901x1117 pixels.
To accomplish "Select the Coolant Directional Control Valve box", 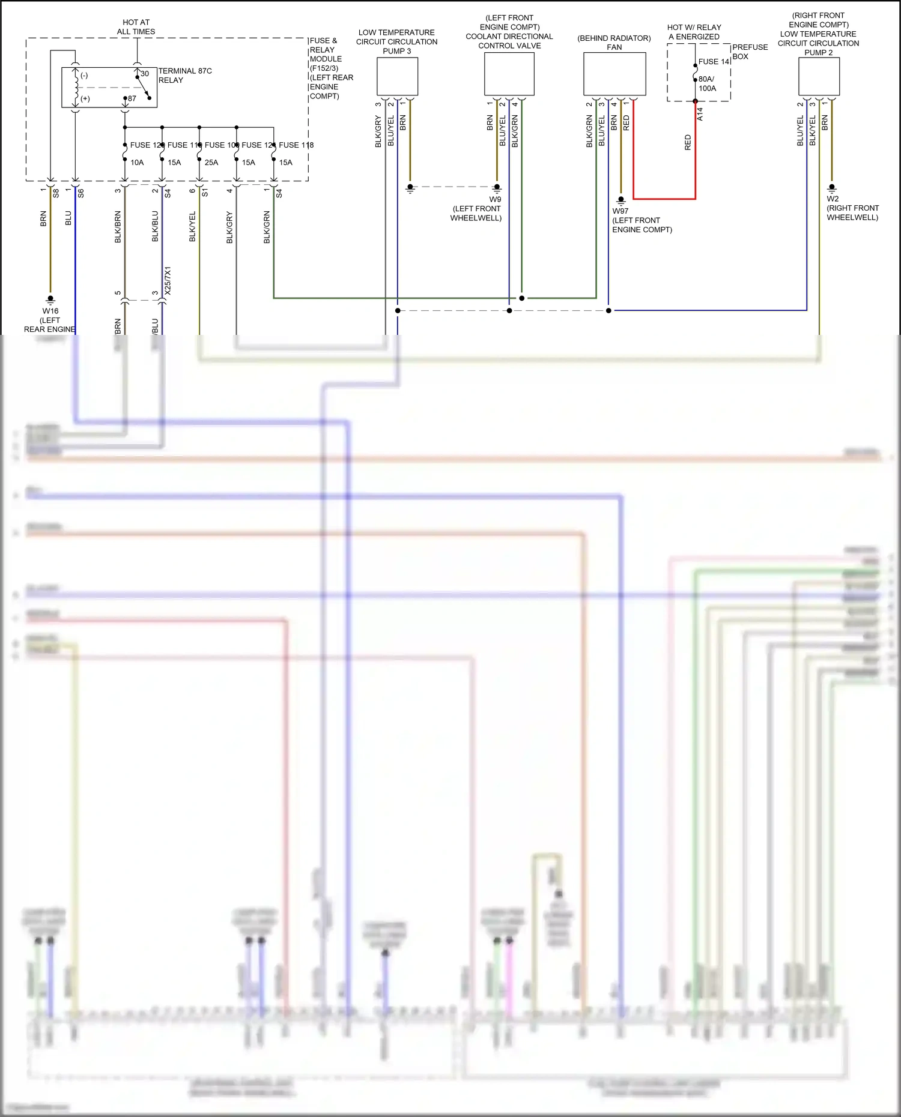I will [509, 74].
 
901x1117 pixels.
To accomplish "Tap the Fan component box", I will [614, 74].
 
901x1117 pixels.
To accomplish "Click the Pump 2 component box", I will [819, 76].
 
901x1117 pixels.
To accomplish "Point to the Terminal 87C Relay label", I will [185, 75].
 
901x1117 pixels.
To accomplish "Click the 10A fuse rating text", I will [137, 163].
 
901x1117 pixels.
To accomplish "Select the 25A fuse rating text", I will [211, 163].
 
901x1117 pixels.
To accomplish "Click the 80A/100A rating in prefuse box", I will [707, 83].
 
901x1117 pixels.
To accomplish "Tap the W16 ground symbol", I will [50, 300].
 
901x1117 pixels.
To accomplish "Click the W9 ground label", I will [495, 199].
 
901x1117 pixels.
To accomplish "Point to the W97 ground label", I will [620, 211].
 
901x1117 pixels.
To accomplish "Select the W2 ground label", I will [833, 199].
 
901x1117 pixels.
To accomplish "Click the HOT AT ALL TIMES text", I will [136, 27].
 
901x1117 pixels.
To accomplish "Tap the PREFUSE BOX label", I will [750, 52].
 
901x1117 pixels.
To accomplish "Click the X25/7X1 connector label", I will [168, 280].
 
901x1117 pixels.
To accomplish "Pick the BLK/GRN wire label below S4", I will [267, 227].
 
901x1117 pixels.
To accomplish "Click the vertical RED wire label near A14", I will [688, 142].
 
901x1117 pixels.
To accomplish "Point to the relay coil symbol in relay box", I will [76, 88].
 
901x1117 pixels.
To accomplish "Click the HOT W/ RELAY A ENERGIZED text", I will [694, 32].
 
